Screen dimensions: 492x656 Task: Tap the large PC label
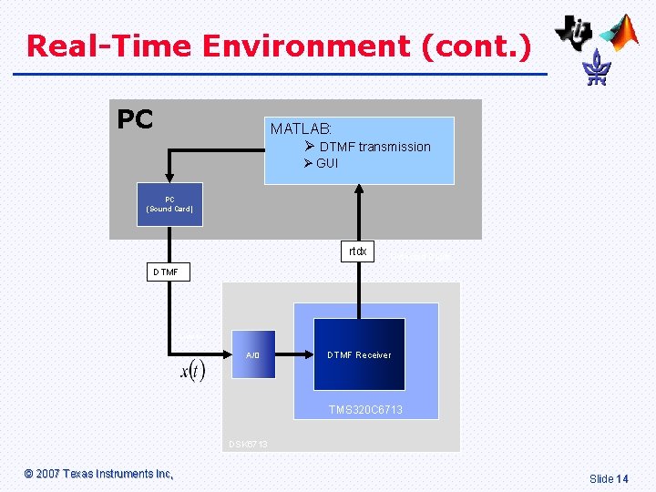[136, 119]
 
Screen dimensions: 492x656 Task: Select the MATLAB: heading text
[301, 129]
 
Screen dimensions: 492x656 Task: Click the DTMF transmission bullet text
[374, 147]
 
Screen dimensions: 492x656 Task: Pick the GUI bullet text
[327, 163]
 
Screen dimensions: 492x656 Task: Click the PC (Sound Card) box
[169, 204]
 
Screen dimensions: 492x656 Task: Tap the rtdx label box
[358, 251]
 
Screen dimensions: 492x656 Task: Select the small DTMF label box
[168, 272]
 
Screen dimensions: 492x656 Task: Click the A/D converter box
[253, 354]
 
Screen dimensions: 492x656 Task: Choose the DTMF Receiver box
[359, 354]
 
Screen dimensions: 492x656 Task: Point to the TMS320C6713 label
[365, 410]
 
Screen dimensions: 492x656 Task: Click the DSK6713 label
[248, 445]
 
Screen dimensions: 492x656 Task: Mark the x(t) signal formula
[192, 371]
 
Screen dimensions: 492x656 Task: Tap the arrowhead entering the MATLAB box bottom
[359, 190]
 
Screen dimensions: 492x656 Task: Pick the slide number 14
[622, 478]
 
